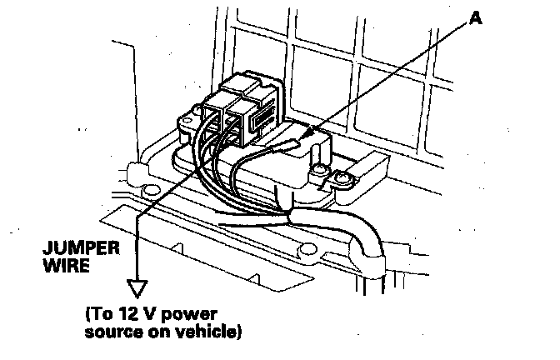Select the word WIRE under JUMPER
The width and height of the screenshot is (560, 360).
(x=67, y=267)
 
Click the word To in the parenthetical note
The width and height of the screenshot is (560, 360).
(x=103, y=316)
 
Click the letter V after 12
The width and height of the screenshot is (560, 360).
(x=150, y=316)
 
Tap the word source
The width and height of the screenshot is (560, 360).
(x=108, y=332)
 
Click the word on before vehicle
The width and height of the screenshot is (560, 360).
(x=151, y=332)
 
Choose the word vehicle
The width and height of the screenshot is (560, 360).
(x=200, y=332)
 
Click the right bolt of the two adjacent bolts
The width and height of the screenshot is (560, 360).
(x=342, y=177)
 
